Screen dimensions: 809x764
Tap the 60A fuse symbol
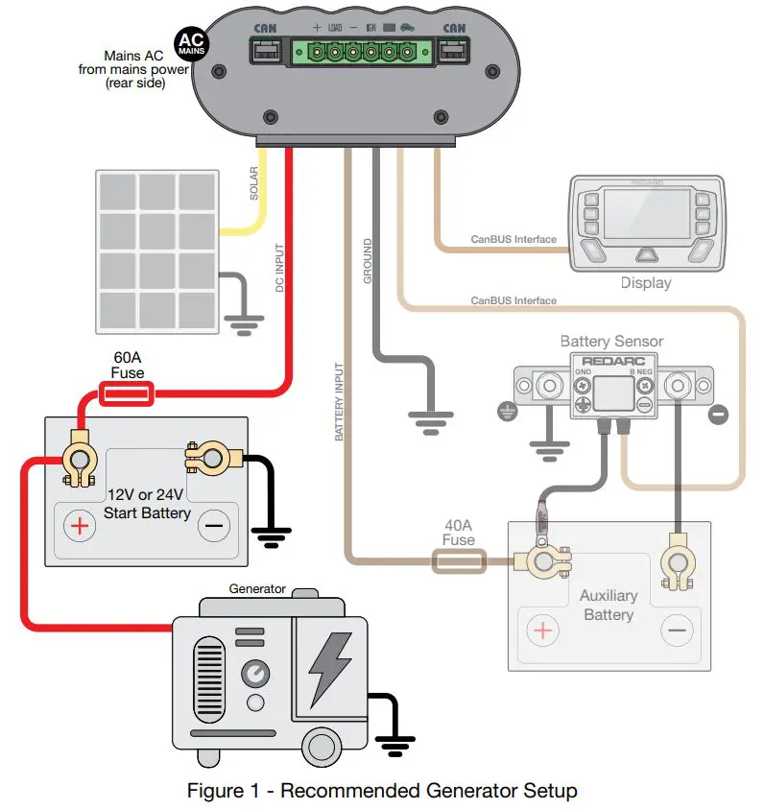pyautogui.click(x=127, y=393)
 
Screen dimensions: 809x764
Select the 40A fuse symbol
pyautogui.click(x=460, y=561)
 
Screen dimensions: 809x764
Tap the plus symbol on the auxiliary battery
pyautogui.click(x=542, y=631)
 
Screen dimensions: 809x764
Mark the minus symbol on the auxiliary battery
pyautogui.click(x=678, y=631)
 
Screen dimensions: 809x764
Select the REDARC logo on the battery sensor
pyautogui.click(x=611, y=361)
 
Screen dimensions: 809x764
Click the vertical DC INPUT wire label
pyautogui.click(x=279, y=268)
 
